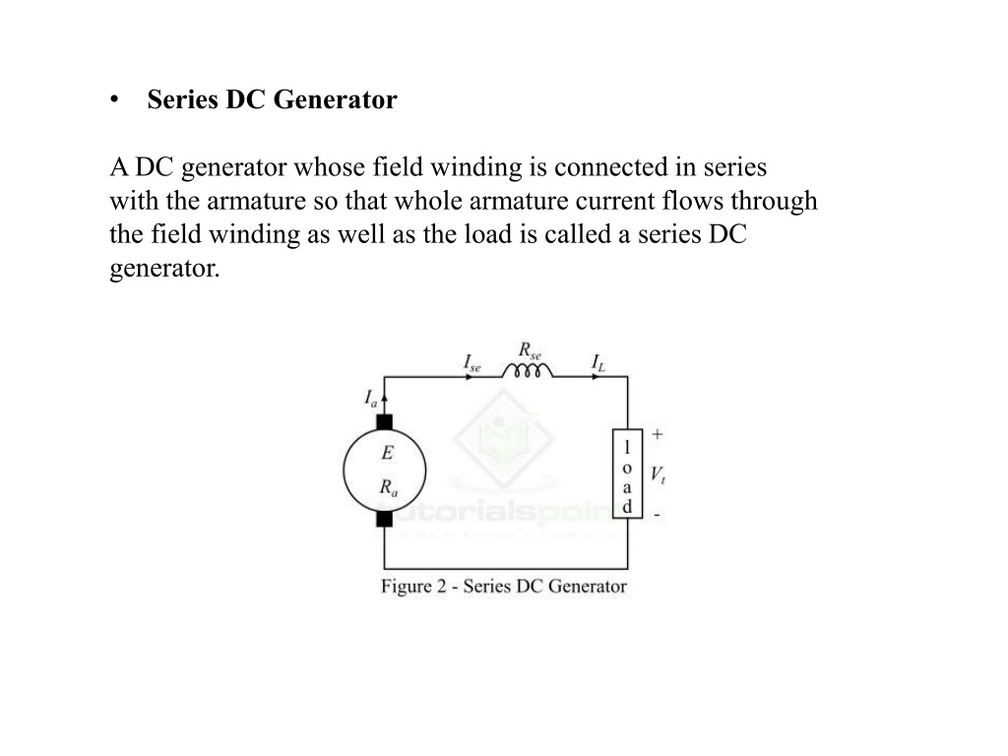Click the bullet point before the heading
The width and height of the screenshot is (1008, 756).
coord(114,100)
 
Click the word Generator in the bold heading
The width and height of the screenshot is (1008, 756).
coord(335,99)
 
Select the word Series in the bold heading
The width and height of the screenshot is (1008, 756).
coord(182,99)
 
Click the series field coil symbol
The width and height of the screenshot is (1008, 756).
coord(528,370)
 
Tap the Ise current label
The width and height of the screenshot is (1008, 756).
coord(472,363)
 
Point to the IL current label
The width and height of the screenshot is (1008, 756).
coord(598,363)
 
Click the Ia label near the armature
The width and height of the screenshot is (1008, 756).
coord(371,398)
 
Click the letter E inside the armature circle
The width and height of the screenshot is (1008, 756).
coord(387,453)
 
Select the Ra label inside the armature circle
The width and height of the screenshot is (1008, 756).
coord(388,488)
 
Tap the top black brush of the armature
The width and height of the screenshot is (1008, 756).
coord(385,422)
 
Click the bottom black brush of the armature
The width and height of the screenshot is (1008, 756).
coord(385,519)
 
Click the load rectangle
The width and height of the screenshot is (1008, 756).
coord(627,473)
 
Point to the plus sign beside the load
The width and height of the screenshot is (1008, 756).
coord(657,434)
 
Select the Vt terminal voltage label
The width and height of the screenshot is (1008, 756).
coord(658,475)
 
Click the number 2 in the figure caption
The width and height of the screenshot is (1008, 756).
coord(442,587)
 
